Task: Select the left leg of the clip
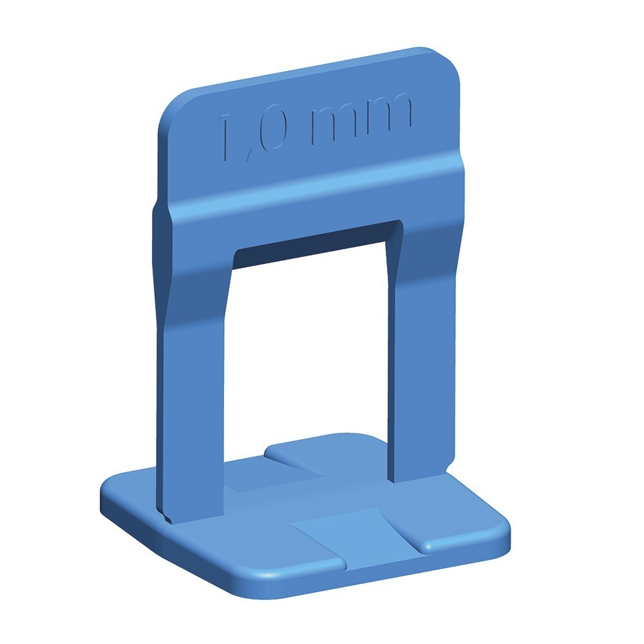point(193,370)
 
